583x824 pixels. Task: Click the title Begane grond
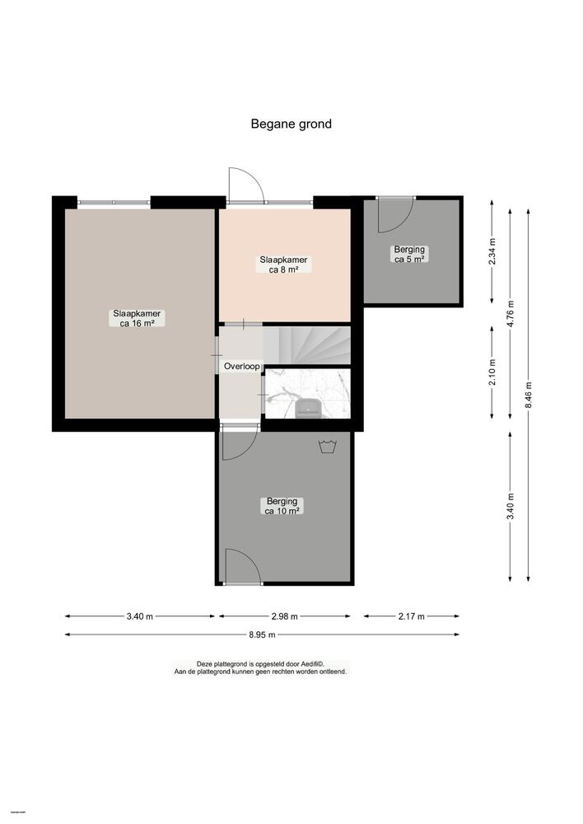(291, 124)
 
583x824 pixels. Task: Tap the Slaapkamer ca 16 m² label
(137, 318)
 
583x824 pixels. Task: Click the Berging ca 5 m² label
(409, 254)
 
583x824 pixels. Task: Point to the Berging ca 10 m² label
(282, 506)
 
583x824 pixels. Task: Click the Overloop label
(241, 366)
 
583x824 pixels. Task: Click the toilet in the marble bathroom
(308, 405)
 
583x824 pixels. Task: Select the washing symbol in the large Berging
(327, 447)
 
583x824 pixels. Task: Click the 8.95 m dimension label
(261, 634)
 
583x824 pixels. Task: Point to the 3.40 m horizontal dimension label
(138, 616)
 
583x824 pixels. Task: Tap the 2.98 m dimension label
(283, 616)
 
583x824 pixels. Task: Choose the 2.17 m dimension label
(412, 616)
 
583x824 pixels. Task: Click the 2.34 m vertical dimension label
(492, 250)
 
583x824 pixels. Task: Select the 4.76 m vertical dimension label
(511, 314)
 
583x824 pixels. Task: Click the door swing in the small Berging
(394, 214)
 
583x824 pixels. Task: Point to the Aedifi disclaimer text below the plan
(260, 668)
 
